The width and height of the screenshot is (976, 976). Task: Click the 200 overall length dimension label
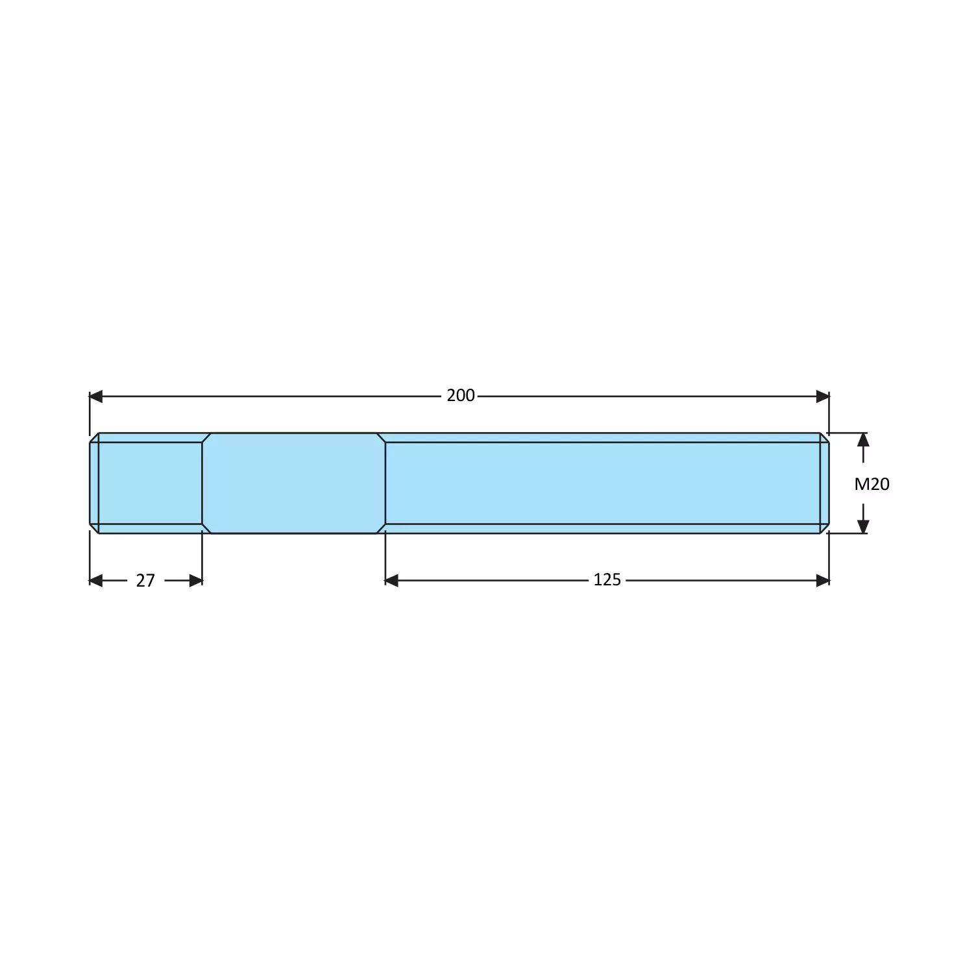point(460,396)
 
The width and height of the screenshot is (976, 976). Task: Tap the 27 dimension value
point(145,580)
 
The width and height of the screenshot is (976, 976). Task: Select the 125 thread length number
point(607,579)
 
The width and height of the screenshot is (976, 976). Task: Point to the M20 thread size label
point(872,484)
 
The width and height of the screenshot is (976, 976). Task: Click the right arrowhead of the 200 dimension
point(822,396)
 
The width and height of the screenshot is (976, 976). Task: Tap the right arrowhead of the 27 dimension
point(195,580)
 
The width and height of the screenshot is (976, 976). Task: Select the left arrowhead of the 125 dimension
point(391,580)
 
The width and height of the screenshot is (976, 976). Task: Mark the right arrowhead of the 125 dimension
point(822,580)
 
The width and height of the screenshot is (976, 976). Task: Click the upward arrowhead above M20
point(863,440)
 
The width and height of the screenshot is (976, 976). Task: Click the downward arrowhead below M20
point(863,526)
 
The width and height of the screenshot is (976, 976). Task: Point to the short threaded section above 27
point(149,483)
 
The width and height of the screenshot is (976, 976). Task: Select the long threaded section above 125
point(604,483)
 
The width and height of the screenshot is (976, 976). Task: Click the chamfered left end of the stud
point(94,483)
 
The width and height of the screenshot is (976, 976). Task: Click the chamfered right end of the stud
point(824,483)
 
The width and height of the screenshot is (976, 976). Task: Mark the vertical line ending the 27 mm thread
point(202,483)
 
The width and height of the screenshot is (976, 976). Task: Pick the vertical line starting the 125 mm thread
point(385,483)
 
